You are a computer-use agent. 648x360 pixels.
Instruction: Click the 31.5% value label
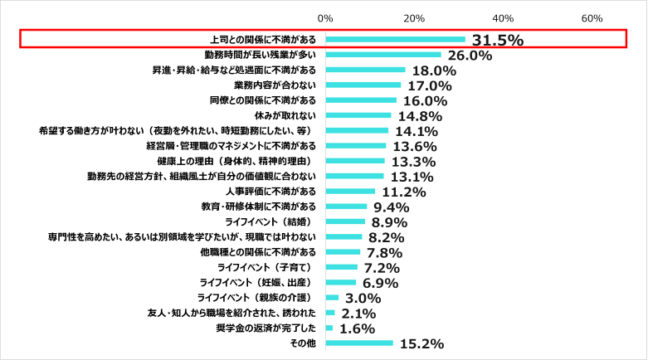(497, 40)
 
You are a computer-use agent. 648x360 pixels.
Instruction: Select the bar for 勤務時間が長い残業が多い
(382, 55)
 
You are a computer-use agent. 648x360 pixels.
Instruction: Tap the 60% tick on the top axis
(592, 18)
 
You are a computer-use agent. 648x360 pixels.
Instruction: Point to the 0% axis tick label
(325, 18)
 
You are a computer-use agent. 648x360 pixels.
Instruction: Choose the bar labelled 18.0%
(365, 70)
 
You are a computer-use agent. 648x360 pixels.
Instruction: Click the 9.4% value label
(392, 207)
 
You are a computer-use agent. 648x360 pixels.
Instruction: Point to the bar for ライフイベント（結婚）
(345, 222)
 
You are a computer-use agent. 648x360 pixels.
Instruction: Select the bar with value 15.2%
(359, 343)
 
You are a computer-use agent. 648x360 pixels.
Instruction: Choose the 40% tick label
(503, 18)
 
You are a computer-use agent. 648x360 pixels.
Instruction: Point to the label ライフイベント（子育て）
(267, 268)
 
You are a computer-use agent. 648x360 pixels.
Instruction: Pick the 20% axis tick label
(414, 18)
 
